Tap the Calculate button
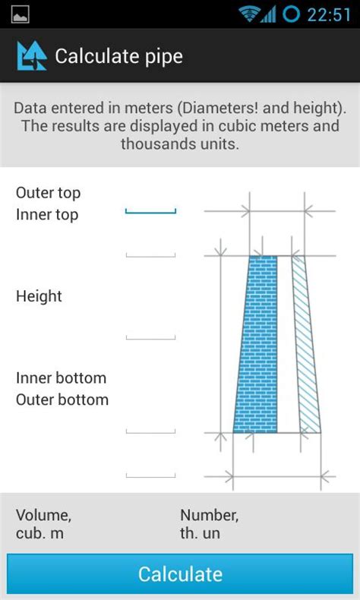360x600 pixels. pos(180,574)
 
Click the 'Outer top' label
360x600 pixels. pos(48,193)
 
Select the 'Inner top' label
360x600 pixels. pos(47,215)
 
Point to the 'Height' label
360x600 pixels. pos(39,296)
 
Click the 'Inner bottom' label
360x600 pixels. pos(61,377)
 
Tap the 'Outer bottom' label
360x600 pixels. pos(62,399)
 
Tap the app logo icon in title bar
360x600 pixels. pos(32,56)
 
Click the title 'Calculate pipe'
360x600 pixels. pos(118,56)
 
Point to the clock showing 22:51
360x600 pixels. pos(329,14)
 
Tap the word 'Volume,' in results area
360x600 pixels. pos(43,516)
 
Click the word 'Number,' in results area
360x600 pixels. pos(209,516)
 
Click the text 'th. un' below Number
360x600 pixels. pos(200,533)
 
